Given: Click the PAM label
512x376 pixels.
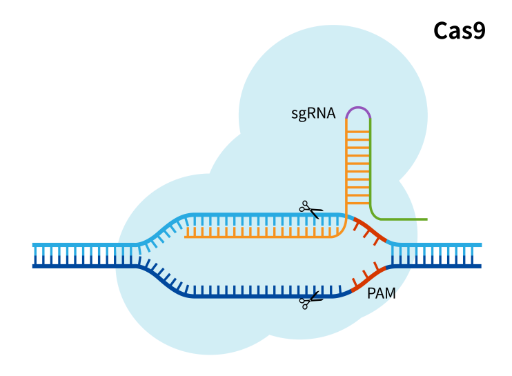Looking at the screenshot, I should pyautogui.click(x=381, y=293).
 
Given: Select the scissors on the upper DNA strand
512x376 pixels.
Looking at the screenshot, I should pyautogui.click(x=311, y=208).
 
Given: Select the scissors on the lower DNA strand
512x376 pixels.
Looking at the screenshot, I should pyautogui.click(x=311, y=300).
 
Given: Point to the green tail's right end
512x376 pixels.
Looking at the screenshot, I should pyautogui.click(x=426, y=219).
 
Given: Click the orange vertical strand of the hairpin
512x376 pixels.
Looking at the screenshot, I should pyautogui.click(x=346, y=166).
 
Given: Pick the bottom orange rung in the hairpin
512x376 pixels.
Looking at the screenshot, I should pyautogui.click(x=358, y=203).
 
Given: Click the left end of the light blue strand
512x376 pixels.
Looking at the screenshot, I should pyautogui.click(x=34, y=245).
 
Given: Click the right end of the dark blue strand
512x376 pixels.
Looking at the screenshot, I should pyautogui.click(x=479, y=266).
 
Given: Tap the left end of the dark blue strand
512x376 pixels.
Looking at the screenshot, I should pyautogui.click(x=34, y=266).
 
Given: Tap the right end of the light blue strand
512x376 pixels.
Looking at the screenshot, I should pyautogui.click(x=480, y=245).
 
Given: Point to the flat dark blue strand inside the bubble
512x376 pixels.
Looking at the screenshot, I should pyautogui.click(x=262, y=296).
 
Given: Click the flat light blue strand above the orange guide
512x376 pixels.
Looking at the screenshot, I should pyautogui.click(x=262, y=216).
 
